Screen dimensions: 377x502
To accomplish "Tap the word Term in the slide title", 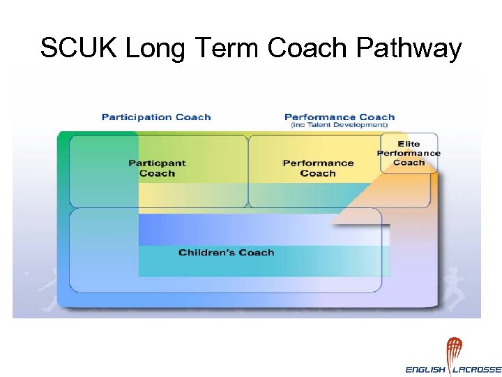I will (x=227, y=48).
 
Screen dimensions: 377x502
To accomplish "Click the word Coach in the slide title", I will (x=307, y=48).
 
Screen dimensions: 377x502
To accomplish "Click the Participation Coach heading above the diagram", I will (x=156, y=117).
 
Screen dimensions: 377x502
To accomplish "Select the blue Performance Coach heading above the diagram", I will (x=340, y=117).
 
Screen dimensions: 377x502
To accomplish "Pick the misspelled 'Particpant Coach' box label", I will (x=157, y=168).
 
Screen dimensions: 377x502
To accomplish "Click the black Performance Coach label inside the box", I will (x=318, y=168).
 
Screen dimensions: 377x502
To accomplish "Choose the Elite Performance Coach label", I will (x=409, y=154).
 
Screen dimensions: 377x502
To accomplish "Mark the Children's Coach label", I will (x=226, y=252).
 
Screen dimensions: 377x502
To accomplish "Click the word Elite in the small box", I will (x=409, y=145).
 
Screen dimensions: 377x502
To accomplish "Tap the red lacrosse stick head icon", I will (x=454, y=350).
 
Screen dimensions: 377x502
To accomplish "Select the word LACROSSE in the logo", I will (x=478, y=369).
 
